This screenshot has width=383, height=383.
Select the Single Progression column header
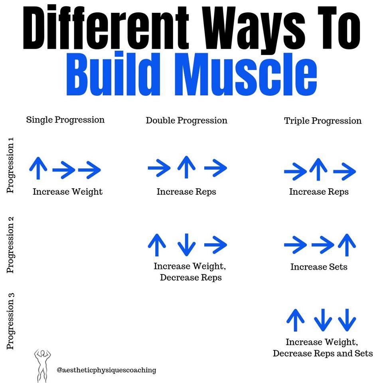[65, 120]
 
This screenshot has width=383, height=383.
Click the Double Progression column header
[186, 120]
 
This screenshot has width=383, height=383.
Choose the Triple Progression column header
[323, 121]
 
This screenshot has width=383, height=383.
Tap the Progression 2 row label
[11, 245]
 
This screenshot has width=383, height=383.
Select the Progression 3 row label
[11, 321]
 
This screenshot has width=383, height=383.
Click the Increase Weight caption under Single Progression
[67, 192]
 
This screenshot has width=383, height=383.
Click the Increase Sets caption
[319, 267]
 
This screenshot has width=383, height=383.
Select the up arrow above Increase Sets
[347, 245]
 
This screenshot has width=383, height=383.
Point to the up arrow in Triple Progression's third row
[296, 320]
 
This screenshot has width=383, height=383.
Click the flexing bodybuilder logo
[42, 365]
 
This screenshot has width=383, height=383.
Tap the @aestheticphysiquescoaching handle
[107, 370]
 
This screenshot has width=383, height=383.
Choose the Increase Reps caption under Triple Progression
[319, 192]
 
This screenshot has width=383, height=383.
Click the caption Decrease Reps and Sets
[323, 353]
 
